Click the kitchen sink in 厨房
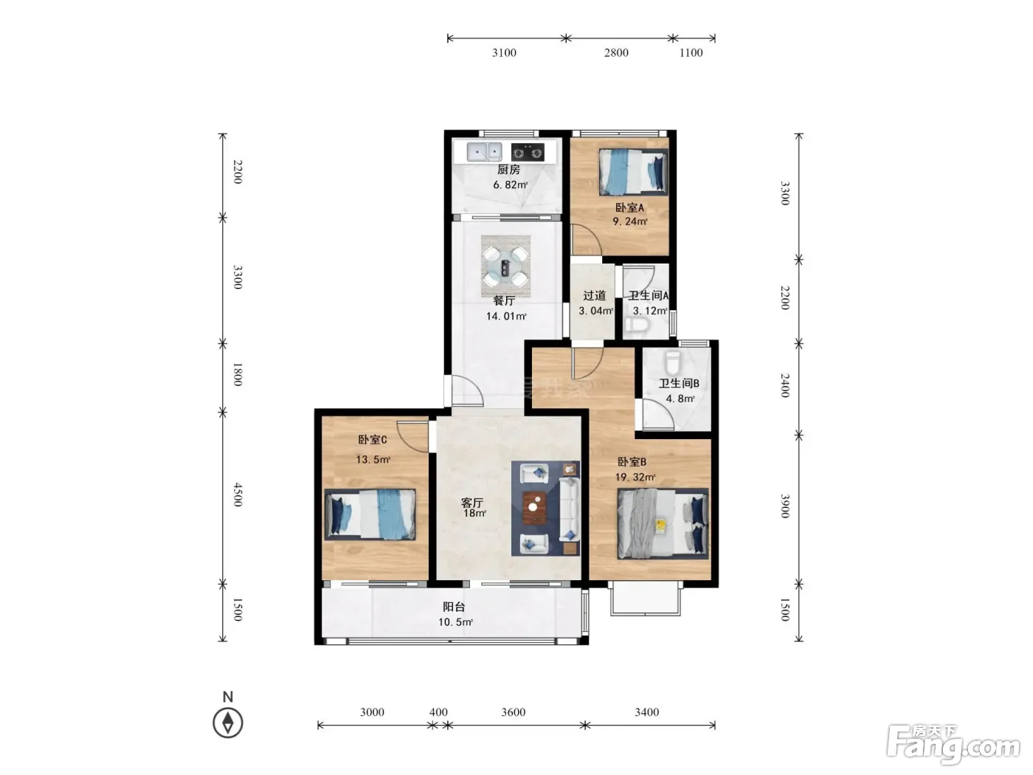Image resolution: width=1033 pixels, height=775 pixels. (484, 152)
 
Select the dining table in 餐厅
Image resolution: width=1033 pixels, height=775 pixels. (505, 266)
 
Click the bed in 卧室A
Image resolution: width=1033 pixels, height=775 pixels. (633, 172)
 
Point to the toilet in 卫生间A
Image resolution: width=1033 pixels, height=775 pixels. (637, 324)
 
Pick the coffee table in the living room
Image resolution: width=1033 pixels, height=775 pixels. (534, 507)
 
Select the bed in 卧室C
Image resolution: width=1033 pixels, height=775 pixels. (370, 514)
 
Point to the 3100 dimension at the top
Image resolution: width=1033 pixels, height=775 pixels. (504, 52)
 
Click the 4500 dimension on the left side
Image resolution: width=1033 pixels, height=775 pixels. (238, 495)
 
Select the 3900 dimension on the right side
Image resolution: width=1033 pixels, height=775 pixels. (784, 506)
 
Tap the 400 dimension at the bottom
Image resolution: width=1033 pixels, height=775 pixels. (438, 712)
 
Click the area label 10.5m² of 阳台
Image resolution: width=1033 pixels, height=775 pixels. (455, 622)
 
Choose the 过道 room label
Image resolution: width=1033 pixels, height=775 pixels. (595, 295)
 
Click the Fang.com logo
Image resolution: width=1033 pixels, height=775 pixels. (953, 745)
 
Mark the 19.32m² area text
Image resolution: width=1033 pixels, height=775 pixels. (635, 477)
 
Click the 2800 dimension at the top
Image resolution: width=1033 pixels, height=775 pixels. (616, 52)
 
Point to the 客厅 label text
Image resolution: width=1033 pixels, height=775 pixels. (472, 503)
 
